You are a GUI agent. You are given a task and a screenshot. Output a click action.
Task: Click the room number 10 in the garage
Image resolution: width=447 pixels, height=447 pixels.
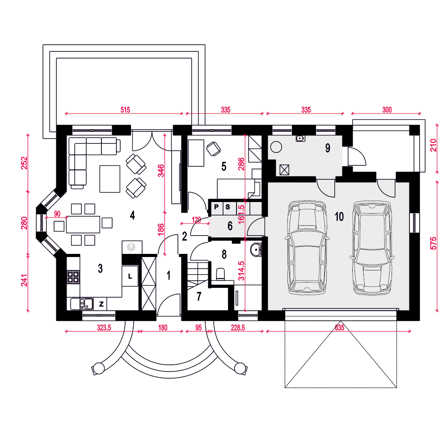(339, 217)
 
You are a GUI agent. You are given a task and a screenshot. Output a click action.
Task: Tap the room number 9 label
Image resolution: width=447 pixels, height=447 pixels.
(328, 148)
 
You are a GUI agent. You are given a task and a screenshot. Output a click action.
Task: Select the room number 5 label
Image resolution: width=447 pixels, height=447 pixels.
(224, 166)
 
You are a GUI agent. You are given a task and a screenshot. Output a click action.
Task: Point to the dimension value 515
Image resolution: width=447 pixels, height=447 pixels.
(125, 110)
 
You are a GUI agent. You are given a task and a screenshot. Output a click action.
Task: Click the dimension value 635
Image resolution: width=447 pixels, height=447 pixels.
(340, 328)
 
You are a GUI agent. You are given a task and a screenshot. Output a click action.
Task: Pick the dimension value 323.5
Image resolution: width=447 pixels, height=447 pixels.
(104, 328)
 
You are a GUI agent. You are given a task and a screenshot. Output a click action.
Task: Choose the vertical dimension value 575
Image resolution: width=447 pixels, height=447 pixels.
(433, 243)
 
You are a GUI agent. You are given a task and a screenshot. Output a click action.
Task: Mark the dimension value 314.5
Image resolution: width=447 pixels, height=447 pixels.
(241, 271)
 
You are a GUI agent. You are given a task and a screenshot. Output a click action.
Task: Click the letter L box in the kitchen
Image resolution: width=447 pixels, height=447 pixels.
(130, 276)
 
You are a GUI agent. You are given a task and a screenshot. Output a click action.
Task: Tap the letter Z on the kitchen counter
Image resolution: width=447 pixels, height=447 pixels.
(101, 304)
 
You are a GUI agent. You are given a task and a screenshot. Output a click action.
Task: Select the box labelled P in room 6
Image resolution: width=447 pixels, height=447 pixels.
(216, 207)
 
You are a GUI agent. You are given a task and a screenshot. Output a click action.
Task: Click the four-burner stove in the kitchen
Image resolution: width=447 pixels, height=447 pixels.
(73, 277)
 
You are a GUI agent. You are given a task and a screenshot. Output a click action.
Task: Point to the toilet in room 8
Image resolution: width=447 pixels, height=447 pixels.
(220, 274)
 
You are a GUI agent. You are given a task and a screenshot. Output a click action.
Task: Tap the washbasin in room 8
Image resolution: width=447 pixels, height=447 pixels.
(256, 250)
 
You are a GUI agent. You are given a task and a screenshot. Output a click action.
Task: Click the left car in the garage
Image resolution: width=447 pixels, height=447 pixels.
(307, 248)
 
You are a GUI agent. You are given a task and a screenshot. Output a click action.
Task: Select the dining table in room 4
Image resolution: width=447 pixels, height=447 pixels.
(83, 225)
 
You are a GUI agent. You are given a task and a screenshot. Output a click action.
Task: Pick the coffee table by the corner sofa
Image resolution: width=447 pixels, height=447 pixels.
(110, 179)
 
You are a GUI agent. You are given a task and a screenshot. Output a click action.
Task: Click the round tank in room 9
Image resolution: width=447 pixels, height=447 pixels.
(276, 147)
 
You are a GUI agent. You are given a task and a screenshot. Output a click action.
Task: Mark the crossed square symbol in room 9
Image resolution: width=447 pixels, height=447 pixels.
(284, 170)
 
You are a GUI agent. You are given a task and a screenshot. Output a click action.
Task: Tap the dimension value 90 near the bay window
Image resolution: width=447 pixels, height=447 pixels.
(57, 214)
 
